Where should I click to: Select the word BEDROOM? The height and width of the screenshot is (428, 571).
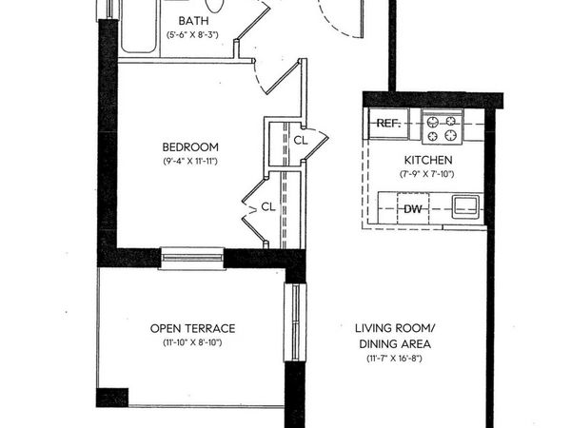[190, 147]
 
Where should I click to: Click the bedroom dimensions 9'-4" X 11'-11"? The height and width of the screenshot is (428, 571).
[190, 163]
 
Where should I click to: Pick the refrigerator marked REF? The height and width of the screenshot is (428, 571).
[388, 124]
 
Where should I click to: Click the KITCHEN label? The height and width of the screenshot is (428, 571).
[423, 159]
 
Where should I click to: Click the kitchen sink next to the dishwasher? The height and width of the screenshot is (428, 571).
[466, 205]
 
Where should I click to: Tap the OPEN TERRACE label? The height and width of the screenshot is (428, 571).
[192, 328]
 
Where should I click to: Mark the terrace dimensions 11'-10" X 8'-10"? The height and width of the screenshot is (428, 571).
[192, 342]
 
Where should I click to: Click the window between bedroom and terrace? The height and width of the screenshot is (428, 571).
[191, 257]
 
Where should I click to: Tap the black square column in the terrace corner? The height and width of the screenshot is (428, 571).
[112, 397]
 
